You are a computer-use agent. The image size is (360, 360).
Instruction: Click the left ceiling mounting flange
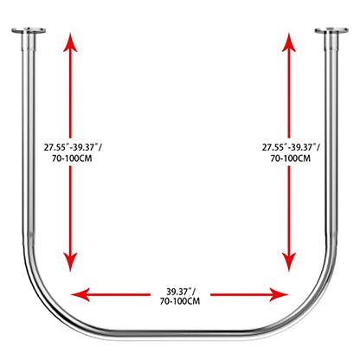[x=29, y=30]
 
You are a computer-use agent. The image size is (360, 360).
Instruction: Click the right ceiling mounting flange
[x=331, y=30]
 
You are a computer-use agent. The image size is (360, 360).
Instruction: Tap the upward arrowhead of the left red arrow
[x=70, y=42]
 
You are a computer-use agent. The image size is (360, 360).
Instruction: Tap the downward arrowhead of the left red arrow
[x=70, y=262]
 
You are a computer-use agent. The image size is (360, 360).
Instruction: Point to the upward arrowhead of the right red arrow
[x=289, y=42]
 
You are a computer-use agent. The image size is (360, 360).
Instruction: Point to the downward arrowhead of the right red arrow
[x=289, y=262]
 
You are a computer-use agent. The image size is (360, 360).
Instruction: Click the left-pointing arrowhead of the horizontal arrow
[x=80, y=294]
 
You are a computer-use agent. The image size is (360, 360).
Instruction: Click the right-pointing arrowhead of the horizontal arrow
[x=279, y=294]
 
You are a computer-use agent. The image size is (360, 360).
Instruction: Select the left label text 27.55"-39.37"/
[x=73, y=147]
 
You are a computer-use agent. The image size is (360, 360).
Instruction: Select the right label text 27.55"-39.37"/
[x=291, y=147]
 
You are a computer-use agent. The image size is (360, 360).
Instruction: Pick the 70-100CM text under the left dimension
[x=72, y=158]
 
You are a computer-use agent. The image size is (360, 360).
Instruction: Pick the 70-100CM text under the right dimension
[x=291, y=158]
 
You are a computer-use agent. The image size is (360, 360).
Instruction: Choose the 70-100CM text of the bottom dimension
[x=180, y=301]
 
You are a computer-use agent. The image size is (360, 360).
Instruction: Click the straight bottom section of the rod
[x=180, y=333]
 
